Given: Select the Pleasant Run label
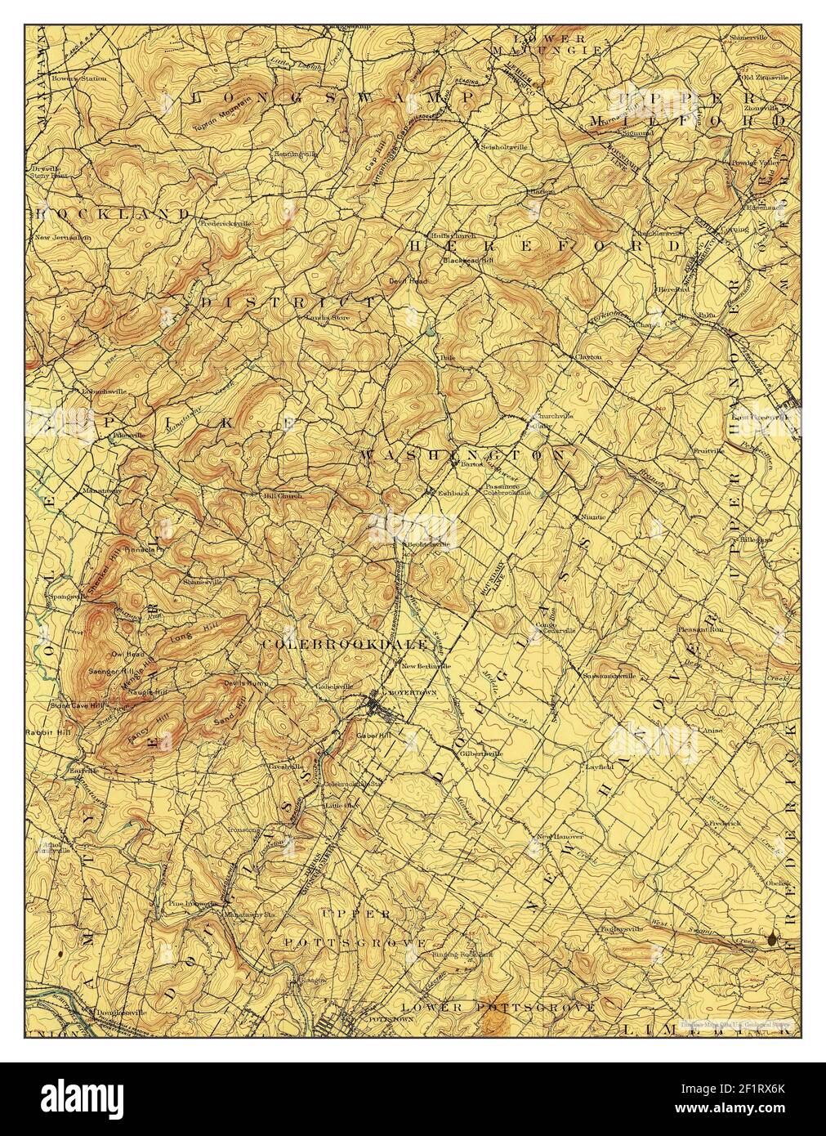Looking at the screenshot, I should point(701,630).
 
